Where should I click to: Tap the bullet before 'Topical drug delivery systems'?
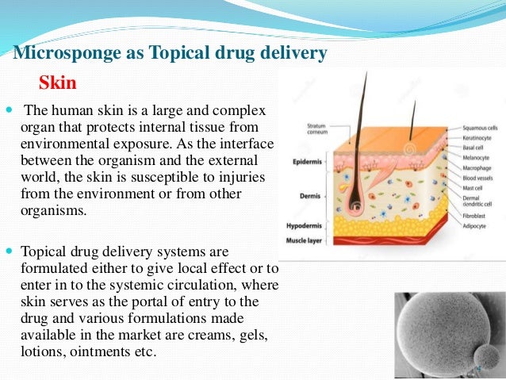(x=8, y=249)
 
